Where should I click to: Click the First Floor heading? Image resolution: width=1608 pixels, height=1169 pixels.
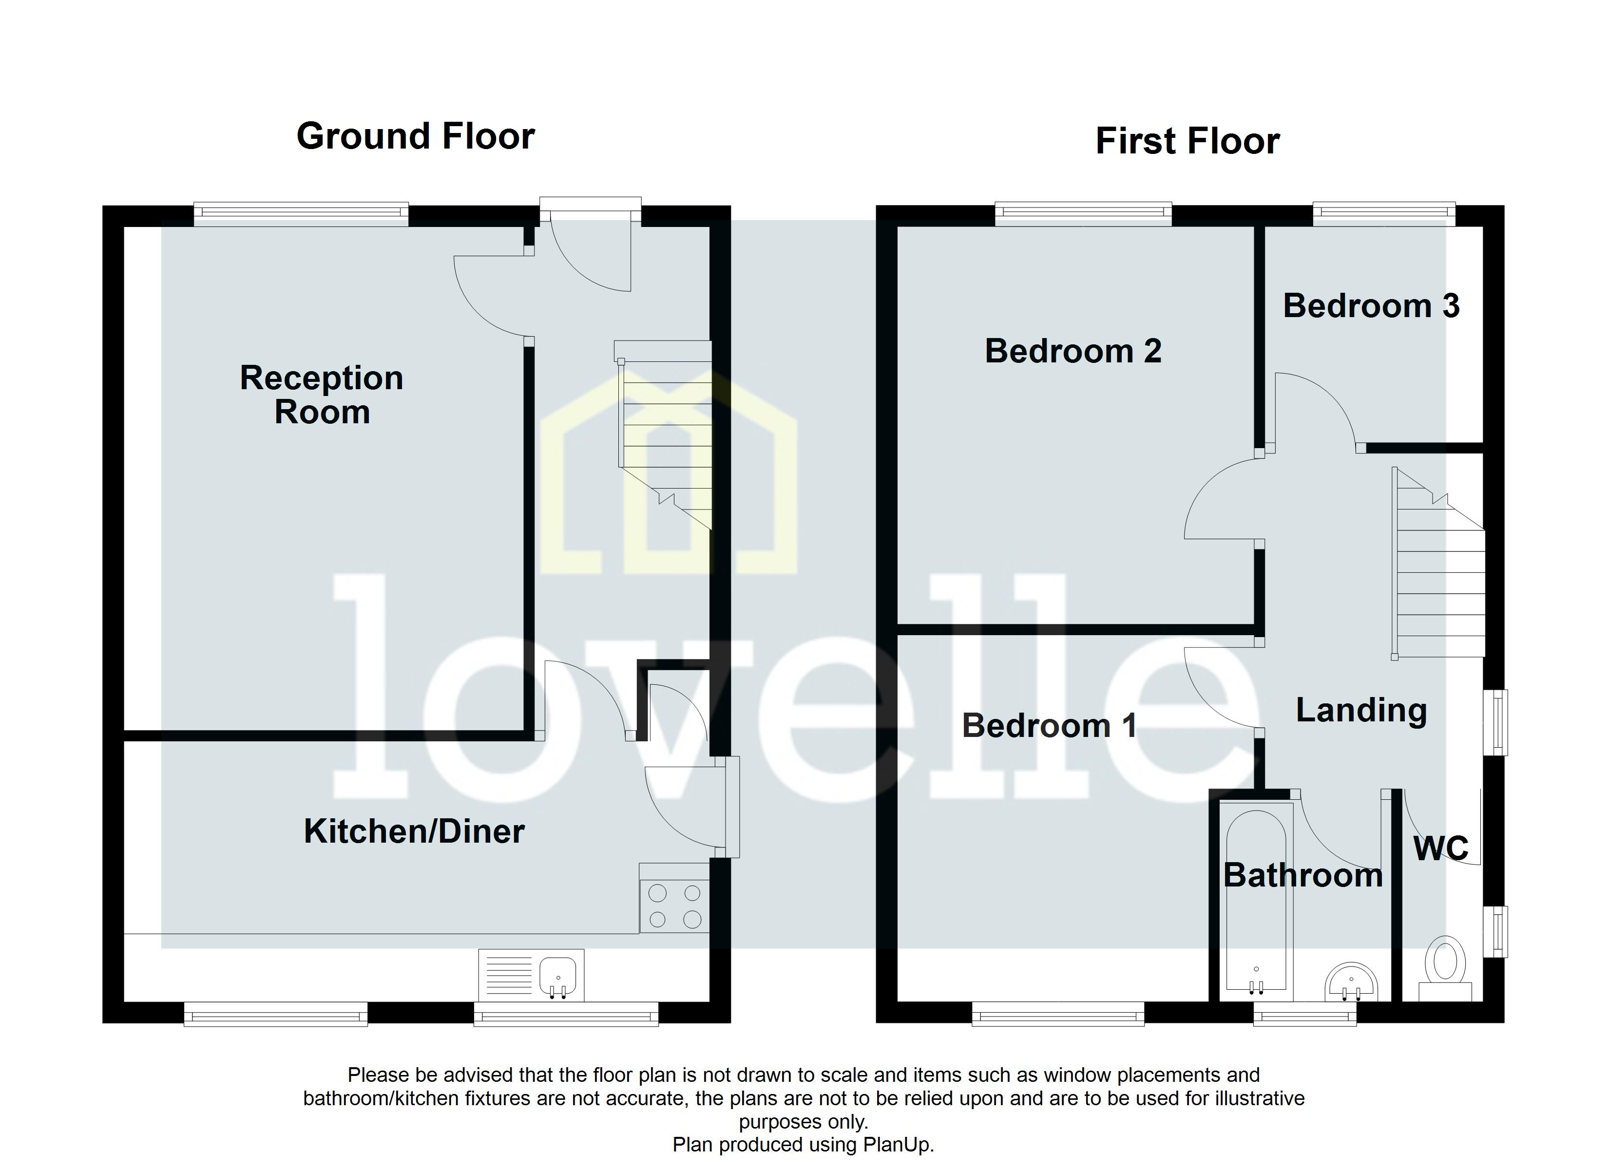tap(1187, 141)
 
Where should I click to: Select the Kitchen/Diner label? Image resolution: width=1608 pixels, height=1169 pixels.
tap(414, 831)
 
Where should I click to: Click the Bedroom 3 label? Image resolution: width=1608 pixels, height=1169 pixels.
tap(1371, 306)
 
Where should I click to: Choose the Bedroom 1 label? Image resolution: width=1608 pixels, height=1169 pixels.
tap(1049, 726)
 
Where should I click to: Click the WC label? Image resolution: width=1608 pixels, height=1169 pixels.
tap(1441, 848)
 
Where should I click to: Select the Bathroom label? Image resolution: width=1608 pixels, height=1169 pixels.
tap(1303, 875)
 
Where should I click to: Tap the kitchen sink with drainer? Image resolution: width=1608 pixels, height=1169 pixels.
tap(531, 976)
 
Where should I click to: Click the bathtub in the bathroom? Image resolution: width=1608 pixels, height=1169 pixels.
tap(1256, 900)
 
